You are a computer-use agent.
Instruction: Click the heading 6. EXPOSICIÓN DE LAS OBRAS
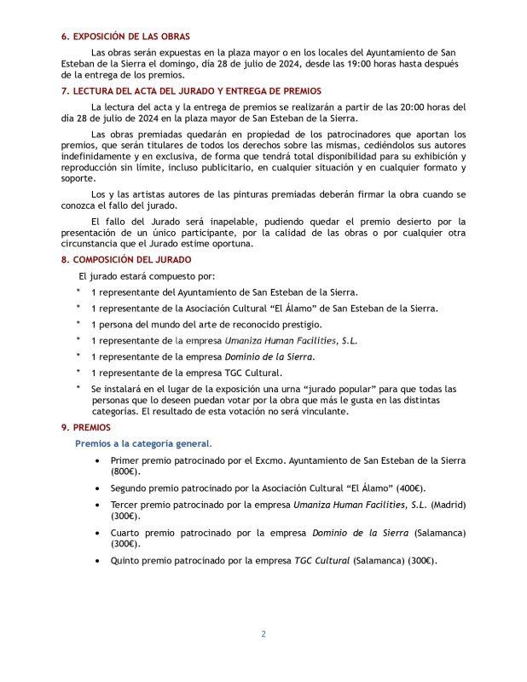(x=125, y=37)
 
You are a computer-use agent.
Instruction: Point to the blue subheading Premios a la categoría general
(x=142, y=443)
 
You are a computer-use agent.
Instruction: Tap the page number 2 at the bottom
(x=263, y=634)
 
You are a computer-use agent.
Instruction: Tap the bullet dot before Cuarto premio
(x=101, y=533)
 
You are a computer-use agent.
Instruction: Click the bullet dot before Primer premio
(x=101, y=460)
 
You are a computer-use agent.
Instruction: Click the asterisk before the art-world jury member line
(x=79, y=324)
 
